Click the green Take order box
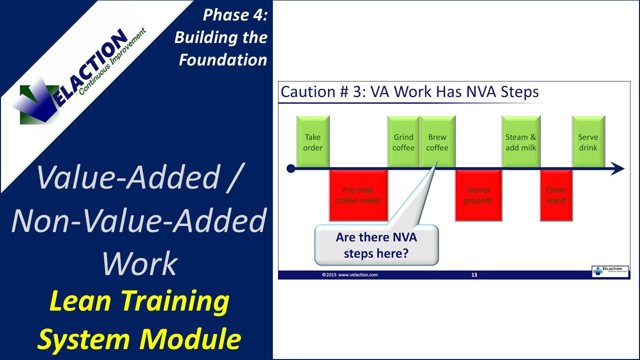pos(313,142)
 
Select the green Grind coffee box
pos(403,142)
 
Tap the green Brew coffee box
pos(437,142)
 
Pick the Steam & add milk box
pos(520,142)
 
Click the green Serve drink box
pos(588,142)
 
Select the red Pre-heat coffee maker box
pos(358,195)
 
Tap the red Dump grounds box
pos(478,195)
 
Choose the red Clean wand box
pos(555,195)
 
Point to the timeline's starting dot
pos(290,169)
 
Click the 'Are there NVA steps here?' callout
pos(376,245)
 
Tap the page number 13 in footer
pos(474,274)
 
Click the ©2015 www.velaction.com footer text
pos(349,274)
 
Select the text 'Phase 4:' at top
pos(234,15)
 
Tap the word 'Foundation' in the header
pos(223,60)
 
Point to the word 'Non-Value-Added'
pos(138,220)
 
